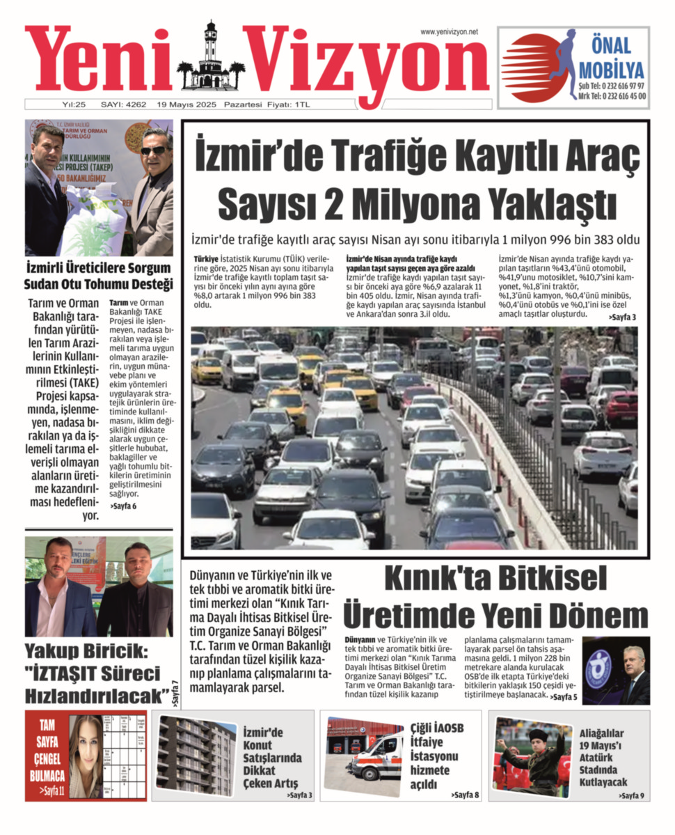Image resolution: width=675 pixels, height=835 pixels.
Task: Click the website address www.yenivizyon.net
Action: pyautogui.click(x=449, y=32)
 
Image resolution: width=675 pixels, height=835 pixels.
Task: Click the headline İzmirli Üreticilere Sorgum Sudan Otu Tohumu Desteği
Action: pyautogui.click(x=98, y=276)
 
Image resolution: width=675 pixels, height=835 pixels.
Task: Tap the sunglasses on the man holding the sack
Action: pyautogui.click(x=153, y=150)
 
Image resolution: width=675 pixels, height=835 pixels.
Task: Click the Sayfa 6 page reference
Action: pyautogui.click(x=123, y=506)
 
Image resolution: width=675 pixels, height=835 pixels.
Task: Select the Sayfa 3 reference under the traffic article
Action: pyautogui.click(x=622, y=317)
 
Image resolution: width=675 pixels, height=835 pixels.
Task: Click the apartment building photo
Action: pyautogui.click(x=196, y=755)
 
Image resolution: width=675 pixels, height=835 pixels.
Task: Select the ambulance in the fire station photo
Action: pyautogui.click(x=376, y=757)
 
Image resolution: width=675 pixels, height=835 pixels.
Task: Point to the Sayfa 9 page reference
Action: pyautogui.click(x=632, y=795)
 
